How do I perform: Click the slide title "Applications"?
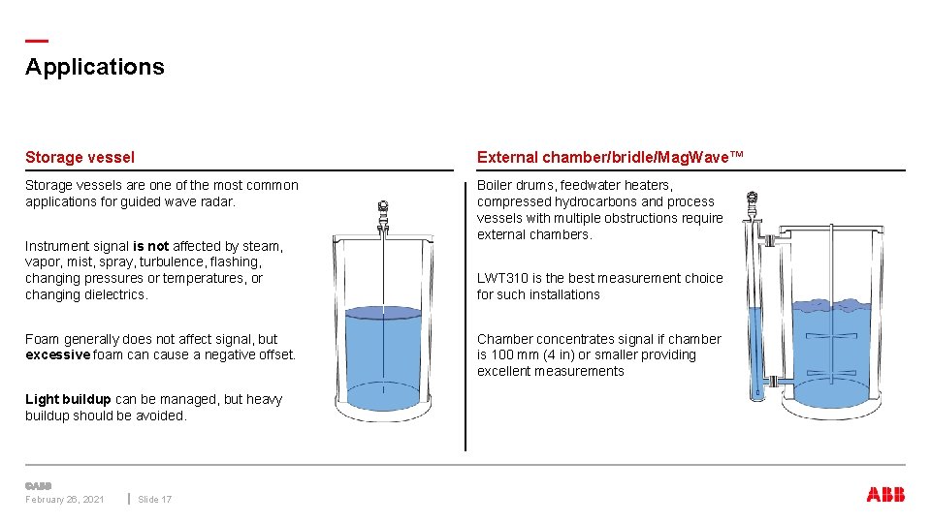(95, 67)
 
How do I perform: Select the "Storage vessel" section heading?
(80, 157)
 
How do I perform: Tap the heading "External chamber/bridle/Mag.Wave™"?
(610, 157)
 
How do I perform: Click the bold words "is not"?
(150, 246)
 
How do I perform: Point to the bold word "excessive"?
(57, 354)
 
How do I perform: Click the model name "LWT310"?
(500, 278)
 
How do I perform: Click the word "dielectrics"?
(115, 294)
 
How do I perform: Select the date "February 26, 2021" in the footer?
(65, 500)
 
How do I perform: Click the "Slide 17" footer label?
(155, 500)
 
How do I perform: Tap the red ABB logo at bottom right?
(885, 495)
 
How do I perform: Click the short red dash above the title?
(36, 41)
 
